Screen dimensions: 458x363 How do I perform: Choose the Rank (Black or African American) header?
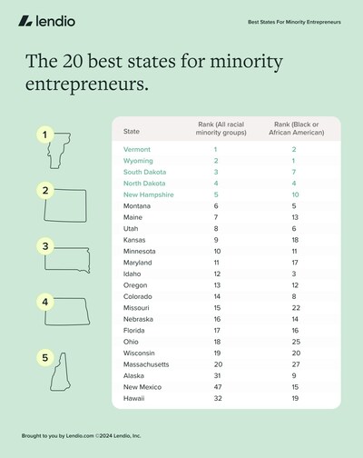293,128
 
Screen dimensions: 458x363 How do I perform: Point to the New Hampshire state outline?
62,373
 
